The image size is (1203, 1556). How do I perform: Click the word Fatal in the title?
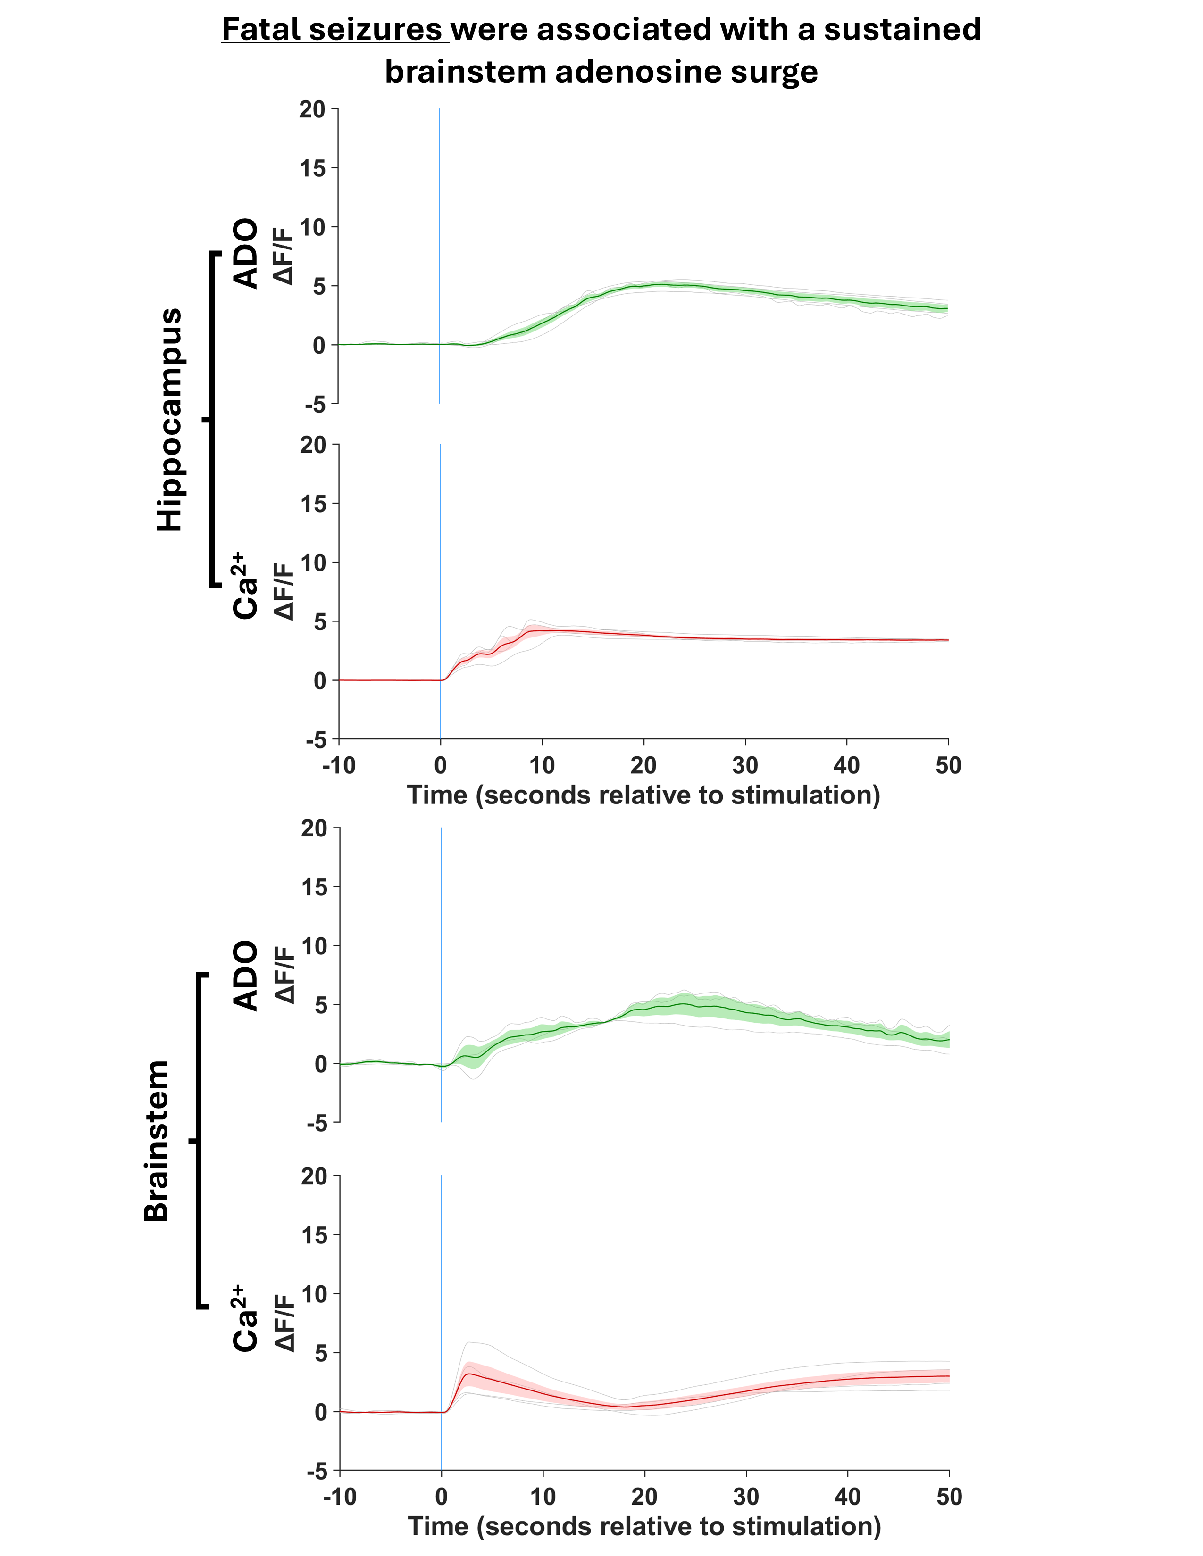tap(261, 30)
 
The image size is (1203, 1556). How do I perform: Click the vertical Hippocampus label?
tap(170, 420)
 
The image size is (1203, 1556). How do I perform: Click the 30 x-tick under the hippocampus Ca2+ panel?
tap(745, 766)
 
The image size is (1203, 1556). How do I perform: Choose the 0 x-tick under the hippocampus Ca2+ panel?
tap(441, 766)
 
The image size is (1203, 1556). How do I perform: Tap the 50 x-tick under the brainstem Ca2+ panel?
tap(949, 1498)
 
